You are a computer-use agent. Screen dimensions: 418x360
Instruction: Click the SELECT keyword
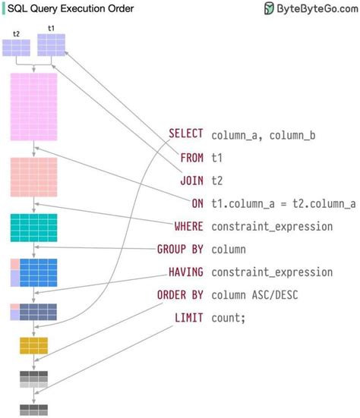[x=186, y=134]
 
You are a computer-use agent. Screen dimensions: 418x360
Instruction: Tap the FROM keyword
[x=191, y=158]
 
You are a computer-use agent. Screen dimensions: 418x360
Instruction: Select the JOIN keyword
[x=191, y=181]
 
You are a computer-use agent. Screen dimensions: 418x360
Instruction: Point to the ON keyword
[x=197, y=203]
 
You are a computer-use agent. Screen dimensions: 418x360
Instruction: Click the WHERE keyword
[x=189, y=226]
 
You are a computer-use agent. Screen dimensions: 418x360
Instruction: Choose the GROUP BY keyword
[x=180, y=249]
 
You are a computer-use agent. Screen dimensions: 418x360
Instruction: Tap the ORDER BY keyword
[x=180, y=294]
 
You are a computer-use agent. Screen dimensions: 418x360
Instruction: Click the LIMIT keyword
[x=189, y=317]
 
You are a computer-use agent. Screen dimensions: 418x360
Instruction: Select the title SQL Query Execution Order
[x=71, y=8]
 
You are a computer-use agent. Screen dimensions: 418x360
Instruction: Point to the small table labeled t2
[x=17, y=48]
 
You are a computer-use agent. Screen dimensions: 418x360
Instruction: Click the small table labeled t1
[x=52, y=45]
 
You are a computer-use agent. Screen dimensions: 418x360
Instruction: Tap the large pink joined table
[x=33, y=107]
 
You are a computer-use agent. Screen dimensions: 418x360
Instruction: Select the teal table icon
[x=33, y=227]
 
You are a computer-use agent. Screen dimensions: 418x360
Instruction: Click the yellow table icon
[x=33, y=345]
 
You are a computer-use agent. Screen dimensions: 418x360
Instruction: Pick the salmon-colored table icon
[x=33, y=178]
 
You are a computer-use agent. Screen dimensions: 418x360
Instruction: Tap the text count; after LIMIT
[x=229, y=317]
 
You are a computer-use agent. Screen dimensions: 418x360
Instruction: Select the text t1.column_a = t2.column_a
[x=283, y=203]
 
